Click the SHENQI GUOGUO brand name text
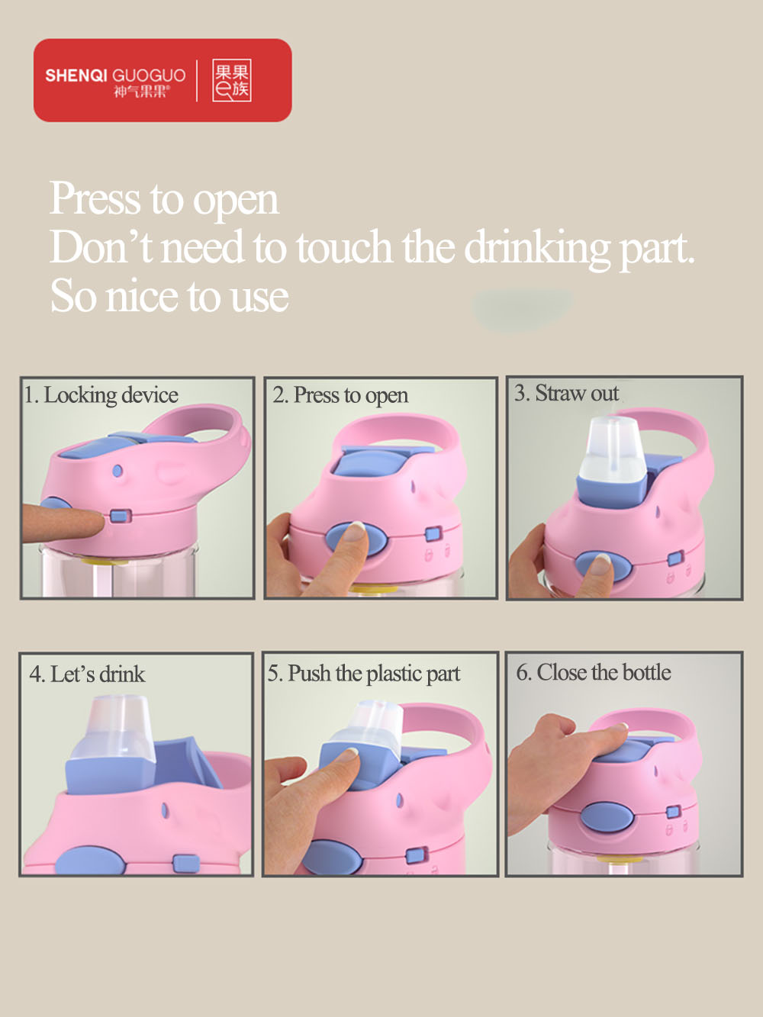tap(115, 76)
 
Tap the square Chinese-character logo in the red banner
tap(232, 80)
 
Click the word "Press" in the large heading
tap(95, 199)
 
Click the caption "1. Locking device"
tap(101, 395)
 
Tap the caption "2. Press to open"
tap(340, 395)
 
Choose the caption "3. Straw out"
tap(566, 393)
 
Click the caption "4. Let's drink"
tap(87, 674)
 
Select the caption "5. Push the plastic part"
tap(364, 674)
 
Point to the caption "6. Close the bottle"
tap(594, 672)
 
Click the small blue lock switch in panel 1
tap(121, 516)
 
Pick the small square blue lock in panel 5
tap(417, 854)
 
